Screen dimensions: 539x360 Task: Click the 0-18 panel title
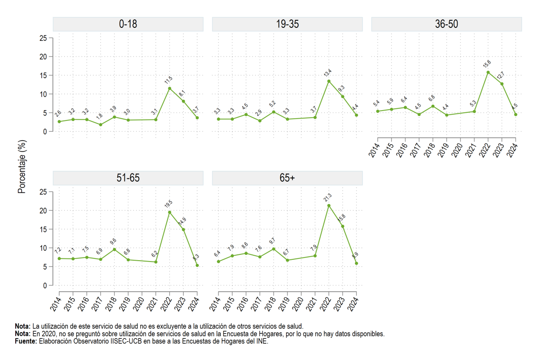(128, 24)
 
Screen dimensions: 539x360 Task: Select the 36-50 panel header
(446, 24)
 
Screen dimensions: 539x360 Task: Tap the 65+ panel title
(287, 178)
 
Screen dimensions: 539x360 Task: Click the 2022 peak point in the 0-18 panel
(170, 89)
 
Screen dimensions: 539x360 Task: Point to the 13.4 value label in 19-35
(328, 73)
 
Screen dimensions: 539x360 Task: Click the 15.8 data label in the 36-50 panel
(487, 64)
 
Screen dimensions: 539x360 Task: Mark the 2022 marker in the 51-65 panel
(170, 213)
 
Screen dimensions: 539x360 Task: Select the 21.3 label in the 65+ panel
(328, 197)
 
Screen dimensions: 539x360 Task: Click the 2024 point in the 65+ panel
(356, 263)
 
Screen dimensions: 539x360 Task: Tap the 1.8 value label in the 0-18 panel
(99, 116)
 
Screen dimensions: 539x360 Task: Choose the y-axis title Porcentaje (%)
(22, 167)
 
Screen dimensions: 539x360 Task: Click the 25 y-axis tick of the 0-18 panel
(43, 38)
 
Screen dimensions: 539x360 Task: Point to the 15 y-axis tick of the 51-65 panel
(43, 230)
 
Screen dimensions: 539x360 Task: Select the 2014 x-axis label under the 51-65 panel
(56, 304)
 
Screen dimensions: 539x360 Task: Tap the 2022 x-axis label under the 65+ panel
(325, 304)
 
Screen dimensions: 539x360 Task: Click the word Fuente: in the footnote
(26, 341)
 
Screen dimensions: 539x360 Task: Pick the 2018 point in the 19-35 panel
(274, 112)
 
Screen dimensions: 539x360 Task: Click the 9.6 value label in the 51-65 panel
(113, 241)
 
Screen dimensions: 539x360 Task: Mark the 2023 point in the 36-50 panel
(502, 84)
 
